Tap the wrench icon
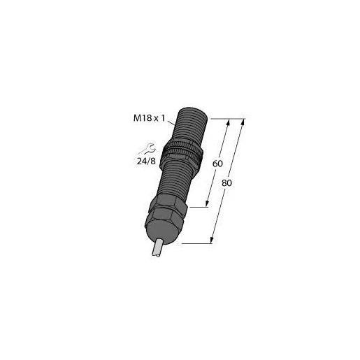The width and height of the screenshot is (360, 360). [x=147, y=148]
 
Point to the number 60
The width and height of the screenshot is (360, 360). [x=217, y=164]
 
